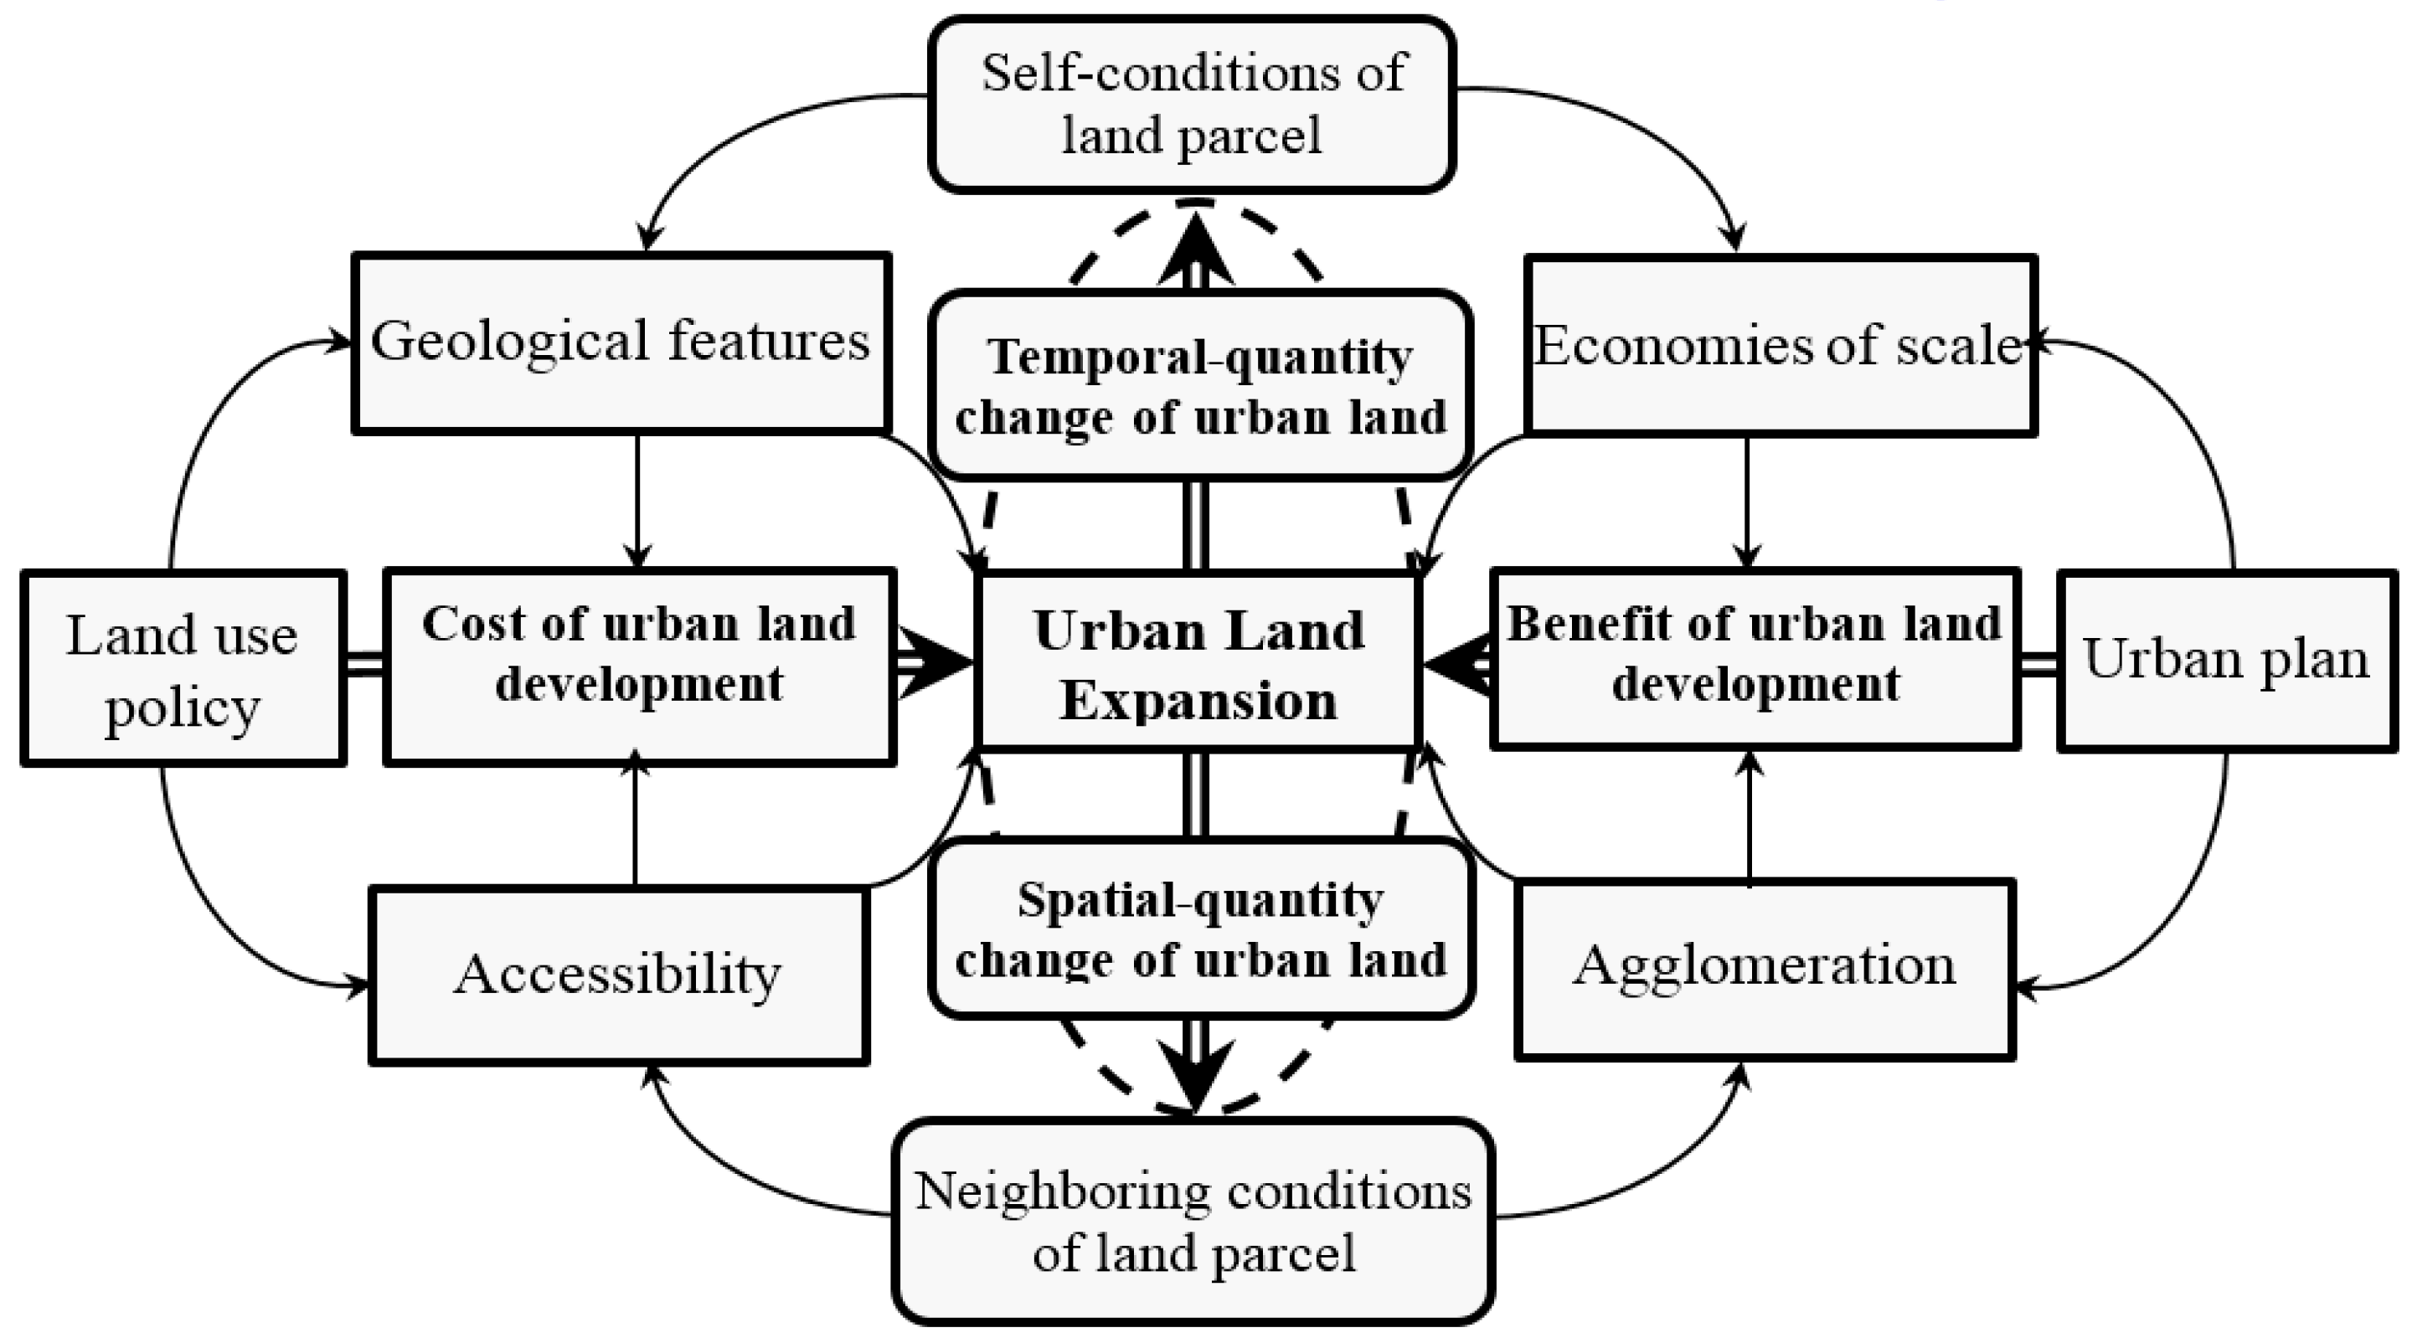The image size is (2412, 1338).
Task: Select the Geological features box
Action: pyautogui.click(x=621, y=342)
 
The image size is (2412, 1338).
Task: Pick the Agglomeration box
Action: pyautogui.click(x=1764, y=968)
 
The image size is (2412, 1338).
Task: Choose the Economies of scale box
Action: pyautogui.click(x=1779, y=346)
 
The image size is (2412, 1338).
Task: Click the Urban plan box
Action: pyautogui.click(x=2227, y=661)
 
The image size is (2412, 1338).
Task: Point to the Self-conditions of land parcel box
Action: pyautogui.click(x=1192, y=104)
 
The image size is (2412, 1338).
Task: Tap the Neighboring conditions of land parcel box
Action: pyautogui.click(x=1193, y=1221)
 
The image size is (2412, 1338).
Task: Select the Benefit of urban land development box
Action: pyautogui.click(x=1755, y=658)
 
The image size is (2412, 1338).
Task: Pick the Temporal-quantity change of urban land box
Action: pyautogui.click(x=1199, y=386)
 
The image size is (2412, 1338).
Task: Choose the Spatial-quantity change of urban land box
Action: pyautogui.click(x=1201, y=929)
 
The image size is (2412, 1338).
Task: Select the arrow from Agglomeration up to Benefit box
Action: pyautogui.click(x=1749, y=815)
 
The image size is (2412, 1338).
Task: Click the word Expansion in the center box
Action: pyautogui.click(x=1198, y=700)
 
